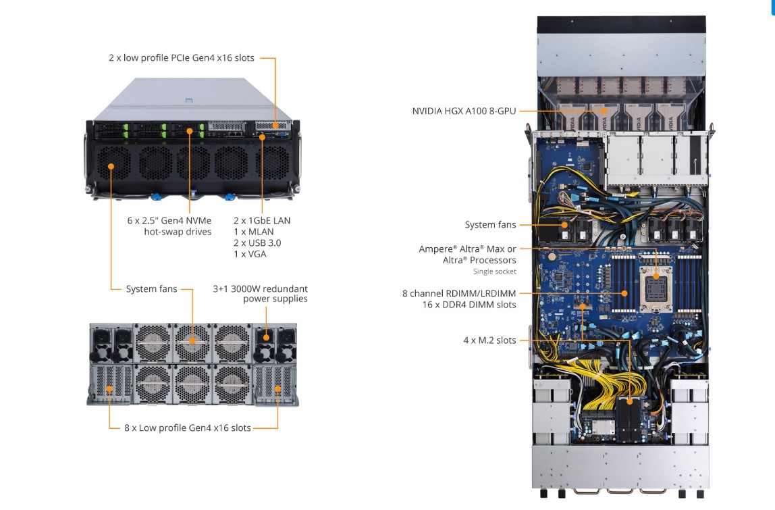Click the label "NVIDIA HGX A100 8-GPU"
(464, 111)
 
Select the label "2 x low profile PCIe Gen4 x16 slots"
(182, 58)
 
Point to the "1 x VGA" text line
(250, 254)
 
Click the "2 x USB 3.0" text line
(257, 243)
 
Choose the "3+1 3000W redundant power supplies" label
(261, 294)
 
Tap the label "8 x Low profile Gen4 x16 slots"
(188, 428)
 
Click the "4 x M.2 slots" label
(489, 340)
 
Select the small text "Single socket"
(495, 272)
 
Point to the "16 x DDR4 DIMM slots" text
(469, 305)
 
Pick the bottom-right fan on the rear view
(231, 383)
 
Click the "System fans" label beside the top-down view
(490, 225)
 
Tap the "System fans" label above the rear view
(151, 289)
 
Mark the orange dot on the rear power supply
(266, 336)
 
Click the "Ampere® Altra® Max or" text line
(467, 249)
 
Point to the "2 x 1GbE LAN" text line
(262, 220)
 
